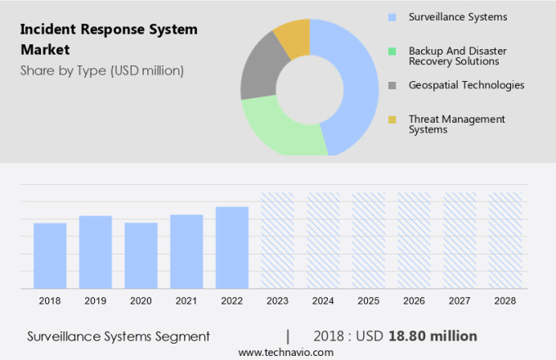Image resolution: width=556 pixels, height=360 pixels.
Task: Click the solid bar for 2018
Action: click(50, 255)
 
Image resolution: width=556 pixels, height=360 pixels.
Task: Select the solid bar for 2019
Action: click(96, 251)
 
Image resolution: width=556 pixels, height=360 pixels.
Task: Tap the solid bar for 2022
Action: click(232, 247)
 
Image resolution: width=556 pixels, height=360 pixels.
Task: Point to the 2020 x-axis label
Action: click(141, 301)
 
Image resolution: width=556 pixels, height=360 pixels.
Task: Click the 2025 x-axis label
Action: click(369, 301)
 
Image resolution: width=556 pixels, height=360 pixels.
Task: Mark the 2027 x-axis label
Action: click(460, 301)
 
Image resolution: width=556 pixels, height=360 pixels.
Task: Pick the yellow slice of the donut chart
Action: click(293, 36)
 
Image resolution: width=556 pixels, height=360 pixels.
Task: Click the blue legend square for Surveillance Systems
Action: click(392, 17)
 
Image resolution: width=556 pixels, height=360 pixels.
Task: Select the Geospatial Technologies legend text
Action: click(466, 85)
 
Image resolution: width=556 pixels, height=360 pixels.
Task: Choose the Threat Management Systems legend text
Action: click(456, 124)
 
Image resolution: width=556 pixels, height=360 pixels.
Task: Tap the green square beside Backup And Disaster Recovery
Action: click(392, 51)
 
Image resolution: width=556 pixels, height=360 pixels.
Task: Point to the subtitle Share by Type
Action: click(102, 70)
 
